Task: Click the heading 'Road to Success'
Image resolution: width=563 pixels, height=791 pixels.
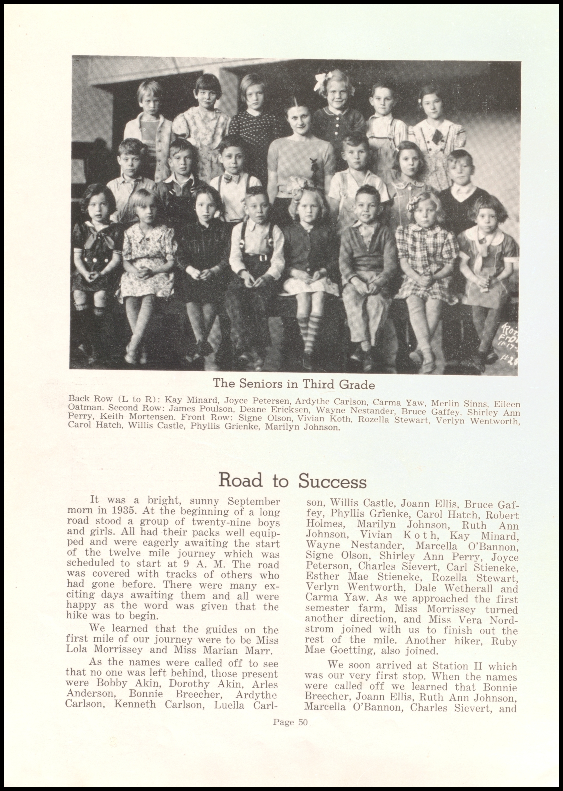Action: [292, 481]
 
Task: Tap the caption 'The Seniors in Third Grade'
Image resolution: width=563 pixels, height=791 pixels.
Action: [294, 384]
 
